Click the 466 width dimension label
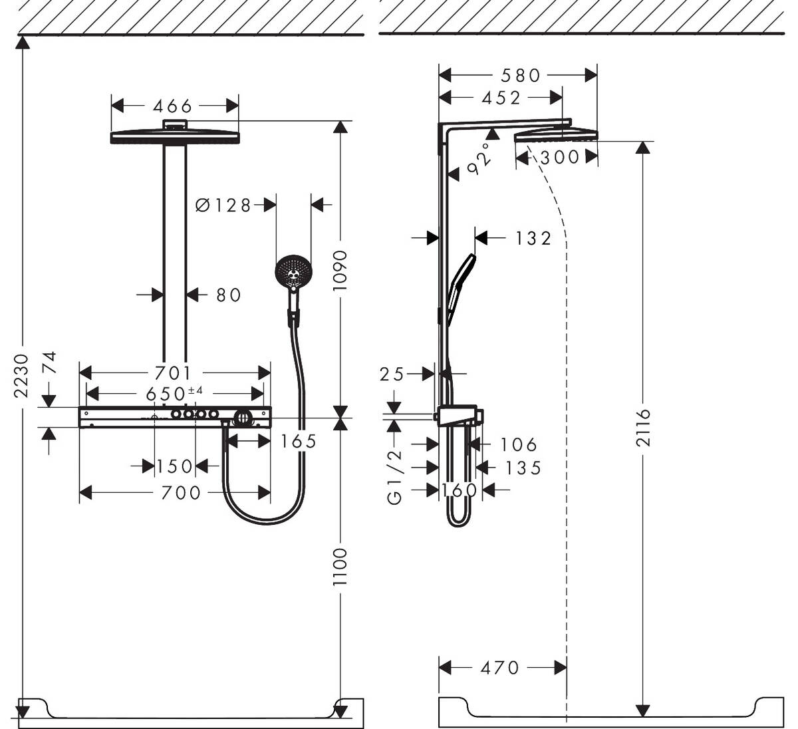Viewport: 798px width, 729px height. (x=172, y=106)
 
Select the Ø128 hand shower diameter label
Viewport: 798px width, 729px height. (x=223, y=206)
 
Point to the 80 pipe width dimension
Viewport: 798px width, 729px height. (x=228, y=295)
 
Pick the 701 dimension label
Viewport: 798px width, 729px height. (x=172, y=373)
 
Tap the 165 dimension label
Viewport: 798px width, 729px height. (x=298, y=441)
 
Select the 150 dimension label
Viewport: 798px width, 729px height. (x=174, y=467)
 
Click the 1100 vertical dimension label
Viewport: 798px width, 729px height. (x=340, y=567)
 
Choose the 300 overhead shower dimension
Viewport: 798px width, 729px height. (x=560, y=158)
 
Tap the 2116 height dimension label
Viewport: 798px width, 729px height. (x=642, y=428)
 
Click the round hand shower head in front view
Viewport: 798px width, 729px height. (x=293, y=271)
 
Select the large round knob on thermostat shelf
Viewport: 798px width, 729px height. (x=243, y=418)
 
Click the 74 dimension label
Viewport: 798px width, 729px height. (x=49, y=364)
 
